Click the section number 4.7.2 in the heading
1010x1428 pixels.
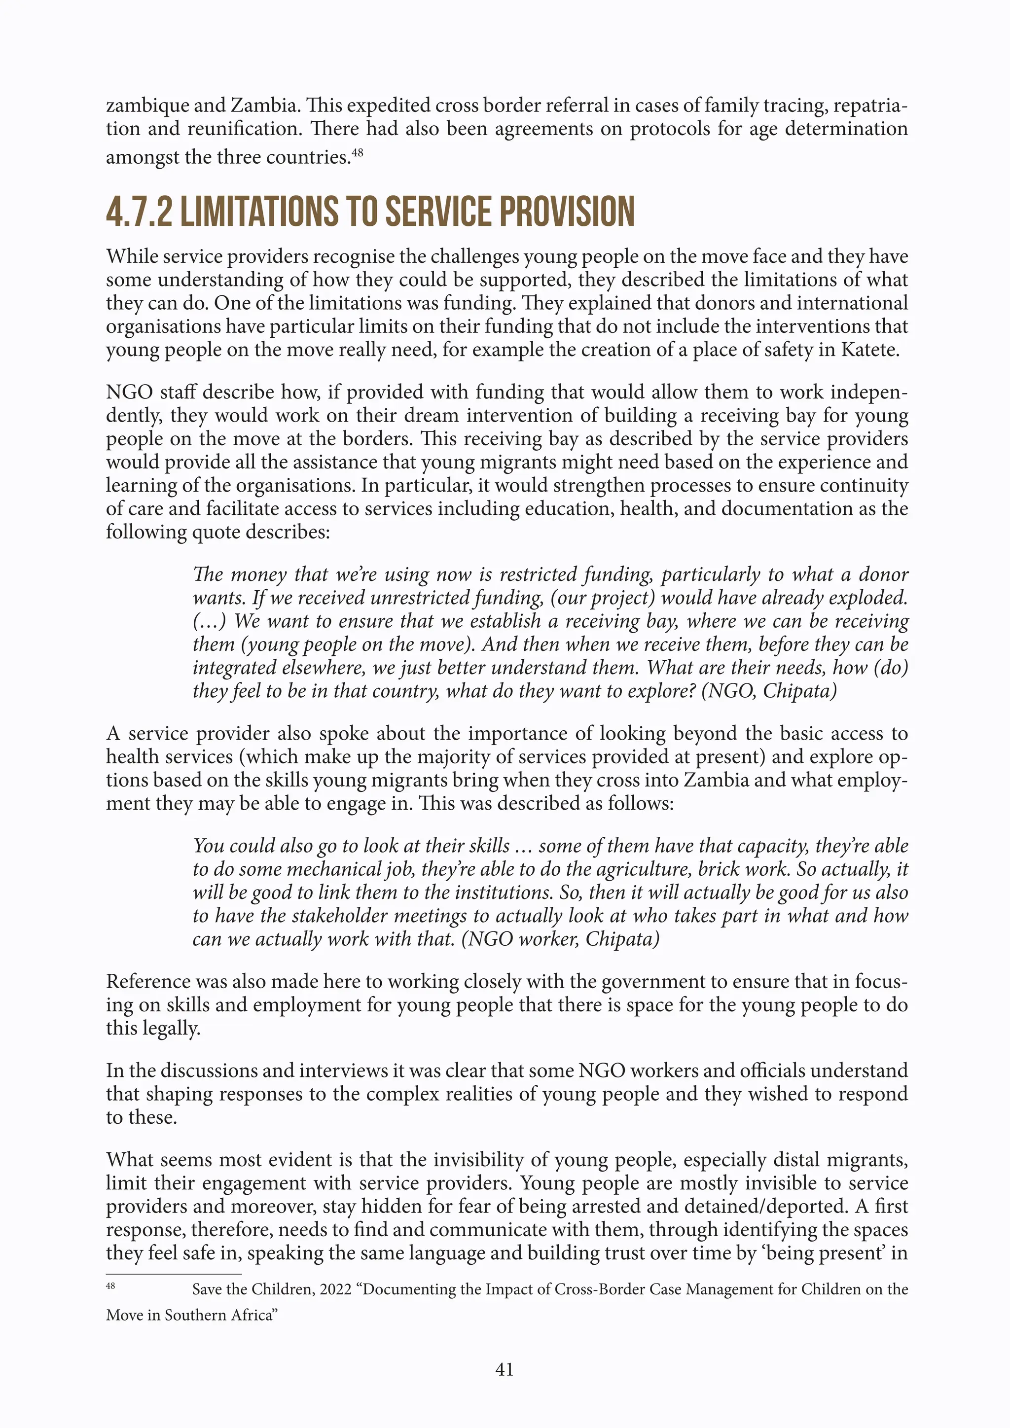[x=139, y=212]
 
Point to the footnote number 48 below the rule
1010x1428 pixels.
[x=110, y=1285]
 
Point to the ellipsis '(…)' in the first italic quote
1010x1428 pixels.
[x=210, y=621]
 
